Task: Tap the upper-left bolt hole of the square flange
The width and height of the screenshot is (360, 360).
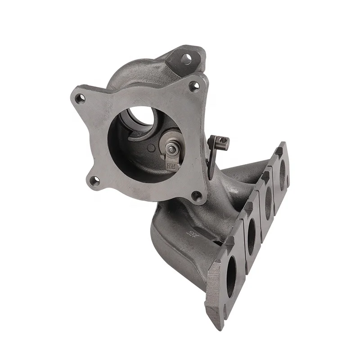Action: [80, 96]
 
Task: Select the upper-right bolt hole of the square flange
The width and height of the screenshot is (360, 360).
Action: [194, 84]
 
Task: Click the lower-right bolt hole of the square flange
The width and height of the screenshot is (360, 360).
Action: [196, 195]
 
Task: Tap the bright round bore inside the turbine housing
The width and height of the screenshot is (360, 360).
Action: [140, 118]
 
